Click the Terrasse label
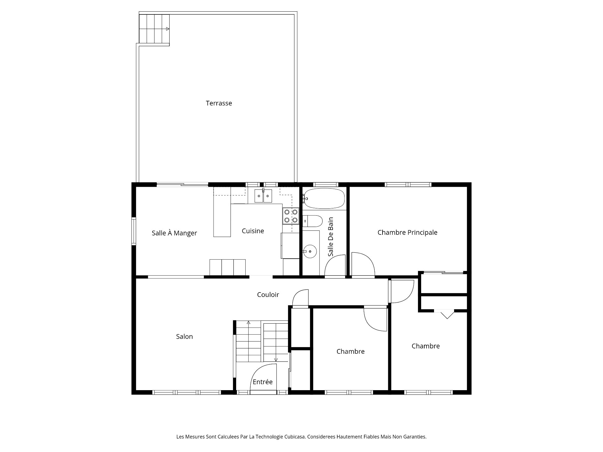tap(219, 103)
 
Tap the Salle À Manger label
tap(174, 233)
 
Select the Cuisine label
tap(253, 231)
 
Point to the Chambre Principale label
tap(407, 233)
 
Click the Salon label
tap(184, 336)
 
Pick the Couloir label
tap(268, 295)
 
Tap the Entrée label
tap(263, 382)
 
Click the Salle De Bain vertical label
tap(330, 237)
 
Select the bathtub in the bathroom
tap(324, 198)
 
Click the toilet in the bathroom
tap(313, 221)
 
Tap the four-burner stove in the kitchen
tap(291, 216)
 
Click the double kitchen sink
tap(263, 197)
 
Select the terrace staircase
tap(154, 29)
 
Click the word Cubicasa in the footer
tap(295, 437)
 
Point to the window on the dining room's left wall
tap(134, 231)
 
